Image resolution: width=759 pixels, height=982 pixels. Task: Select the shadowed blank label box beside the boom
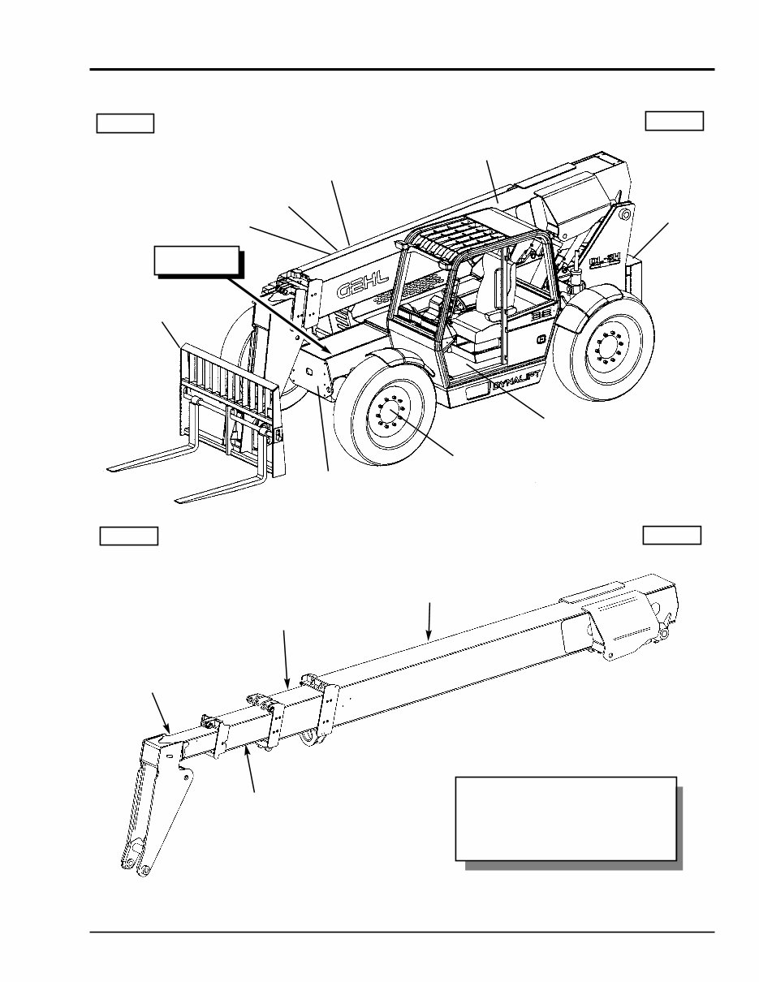tap(197, 261)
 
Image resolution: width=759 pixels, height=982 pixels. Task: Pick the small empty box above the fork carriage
tap(125, 123)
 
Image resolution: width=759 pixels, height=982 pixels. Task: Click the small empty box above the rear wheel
tap(674, 121)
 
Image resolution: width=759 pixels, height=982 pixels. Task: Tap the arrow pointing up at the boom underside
tap(252, 771)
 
